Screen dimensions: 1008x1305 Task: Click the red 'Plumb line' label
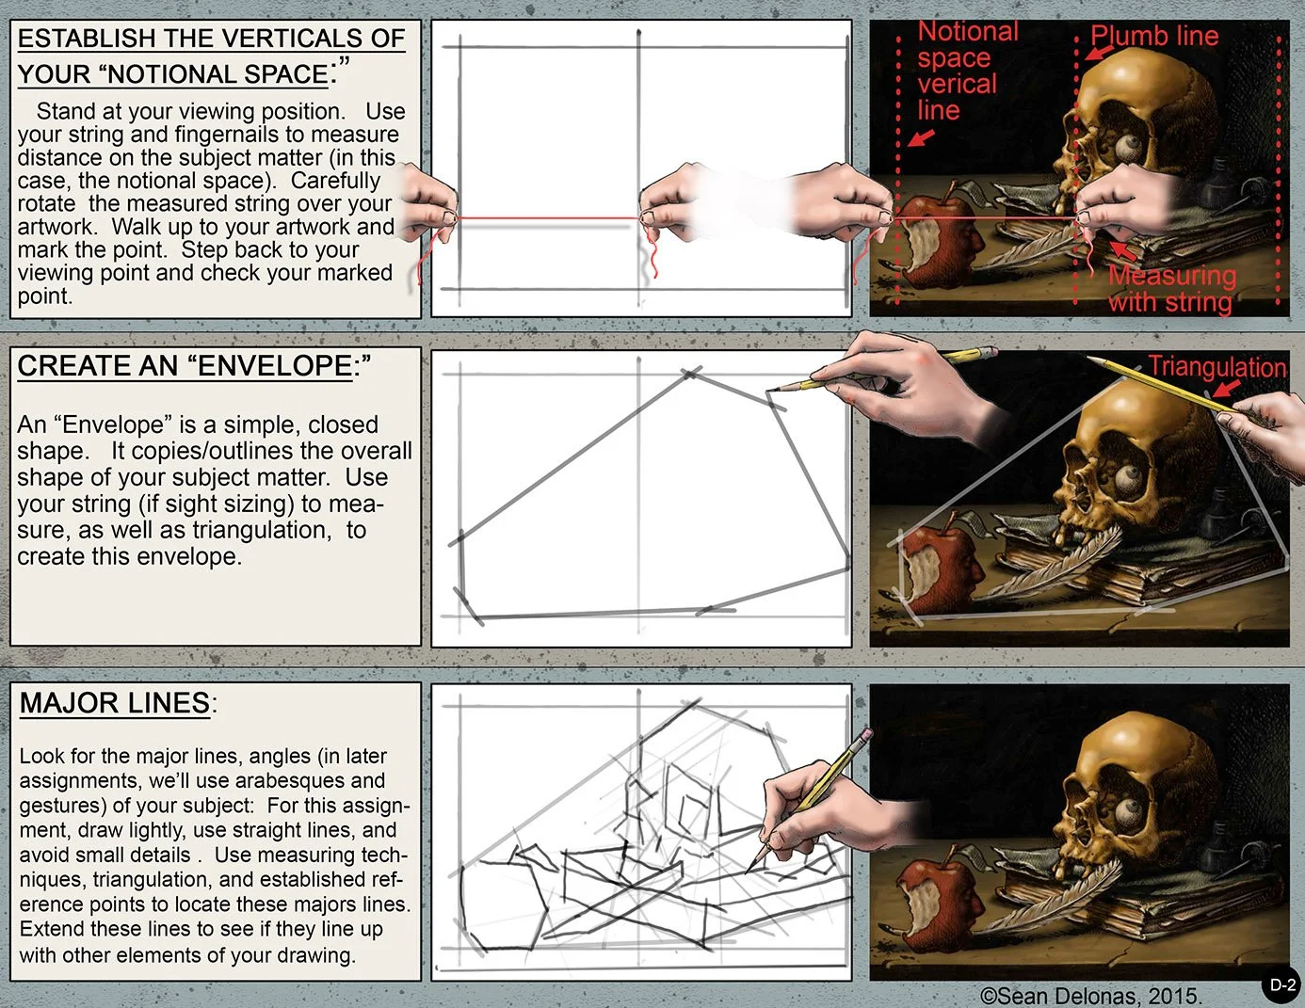tap(1154, 37)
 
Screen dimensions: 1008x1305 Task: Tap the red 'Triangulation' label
tap(1216, 367)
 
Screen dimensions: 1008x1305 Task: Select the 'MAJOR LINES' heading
tap(115, 703)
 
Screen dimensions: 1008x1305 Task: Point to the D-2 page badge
tap(1282, 985)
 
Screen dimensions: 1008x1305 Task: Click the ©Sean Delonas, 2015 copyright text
tap(1090, 996)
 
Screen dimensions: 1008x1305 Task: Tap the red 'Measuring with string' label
tap(1171, 289)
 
